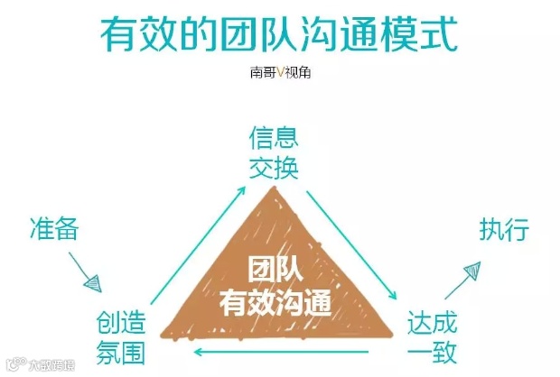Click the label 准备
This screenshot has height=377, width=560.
pyautogui.click(x=53, y=229)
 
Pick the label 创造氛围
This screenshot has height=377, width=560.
pyautogui.click(x=121, y=336)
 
